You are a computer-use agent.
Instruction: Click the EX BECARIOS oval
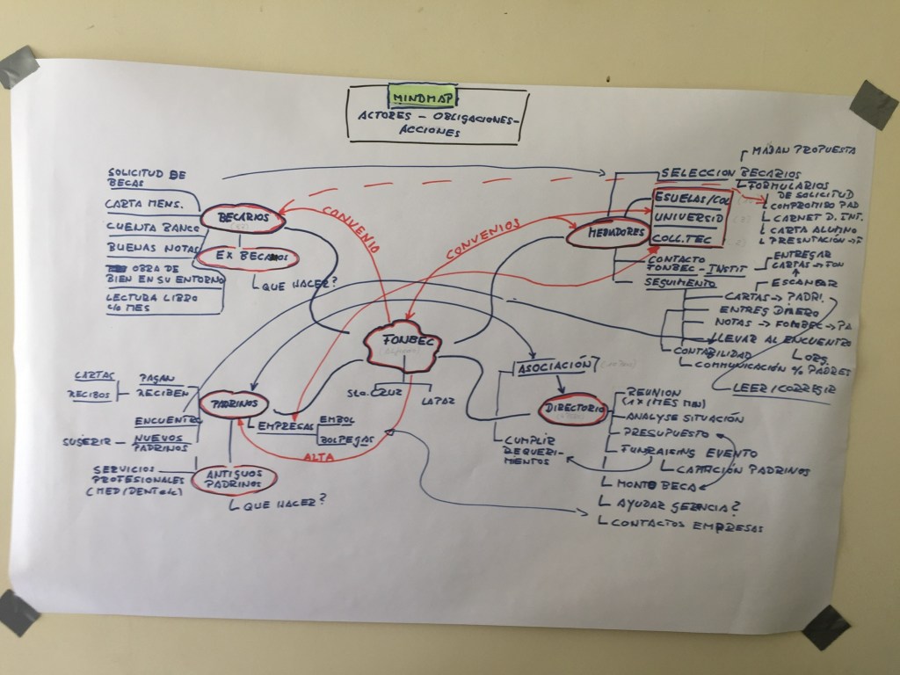pyautogui.click(x=245, y=258)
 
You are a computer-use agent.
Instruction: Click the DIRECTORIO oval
pyautogui.click(x=572, y=410)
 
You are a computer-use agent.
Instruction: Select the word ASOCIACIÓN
pyautogui.click(x=551, y=365)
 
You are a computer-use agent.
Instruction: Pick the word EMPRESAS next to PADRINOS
pyautogui.click(x=287, y=425)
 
